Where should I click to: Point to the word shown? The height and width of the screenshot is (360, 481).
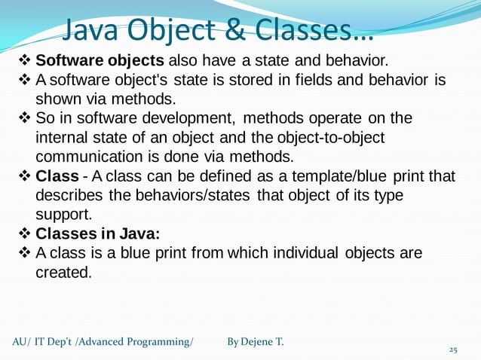pyautogui.click(x=57, y=99)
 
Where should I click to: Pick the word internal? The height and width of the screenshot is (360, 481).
pyautogui.click(x=61, y=139)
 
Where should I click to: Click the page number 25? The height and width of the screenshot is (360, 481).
pyautogui.click(x=453, y=350)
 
